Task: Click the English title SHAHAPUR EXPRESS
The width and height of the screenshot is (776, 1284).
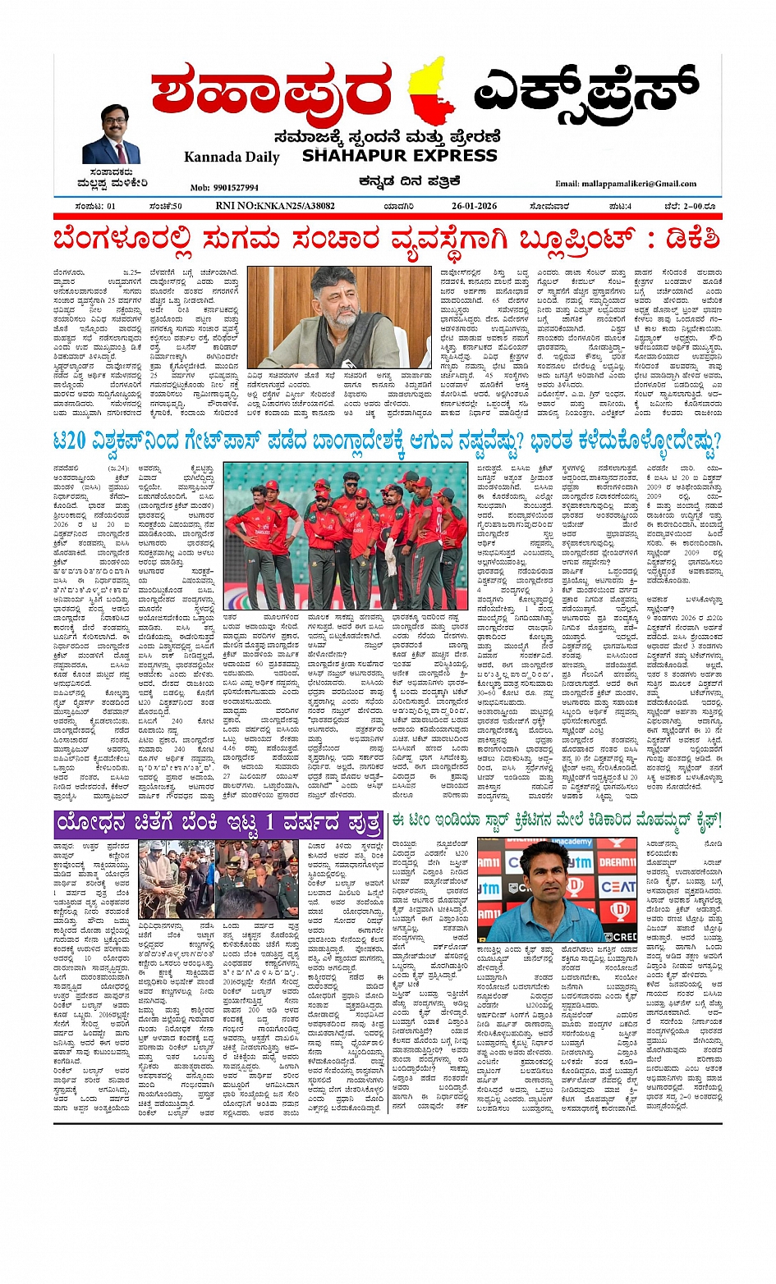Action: (x=399, y=155)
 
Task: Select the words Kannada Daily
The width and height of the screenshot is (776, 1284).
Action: (x=232, y=157)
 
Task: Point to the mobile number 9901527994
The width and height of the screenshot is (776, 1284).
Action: (x=224, y=187)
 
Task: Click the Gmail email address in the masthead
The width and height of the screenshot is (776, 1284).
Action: (x=626, y=184)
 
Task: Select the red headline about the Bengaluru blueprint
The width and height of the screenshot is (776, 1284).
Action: (x=387, y=240)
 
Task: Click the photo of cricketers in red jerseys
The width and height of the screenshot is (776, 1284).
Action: (x=347, y=535)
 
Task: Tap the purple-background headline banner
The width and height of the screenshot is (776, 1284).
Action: (x=219, y=823)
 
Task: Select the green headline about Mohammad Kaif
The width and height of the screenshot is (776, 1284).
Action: (x=557, y=820)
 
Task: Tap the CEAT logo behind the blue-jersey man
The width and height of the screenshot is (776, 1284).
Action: (x=618, y=886)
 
